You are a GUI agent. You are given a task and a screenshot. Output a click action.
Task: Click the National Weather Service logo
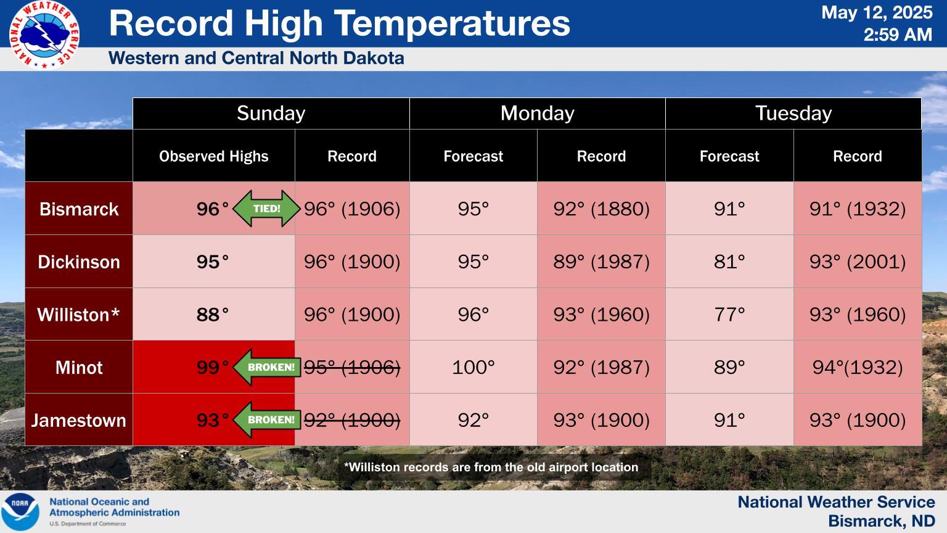[x=44, y=35]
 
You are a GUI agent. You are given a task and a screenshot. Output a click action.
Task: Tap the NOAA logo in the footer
[x=20, y=511]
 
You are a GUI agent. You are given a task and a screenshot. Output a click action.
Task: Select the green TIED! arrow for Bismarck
[x=266, y=209]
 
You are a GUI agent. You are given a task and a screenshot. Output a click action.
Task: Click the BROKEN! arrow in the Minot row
[x=267, y=367]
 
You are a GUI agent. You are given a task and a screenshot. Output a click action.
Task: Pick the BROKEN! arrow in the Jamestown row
[x=267, y=419]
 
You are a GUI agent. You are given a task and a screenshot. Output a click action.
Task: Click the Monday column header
[x=538, y=114]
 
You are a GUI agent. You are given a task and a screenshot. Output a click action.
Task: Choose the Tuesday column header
[x=793, y=114]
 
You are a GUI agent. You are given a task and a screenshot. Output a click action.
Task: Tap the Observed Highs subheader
[x=213, y=157]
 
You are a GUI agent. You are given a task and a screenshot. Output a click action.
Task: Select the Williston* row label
[x=79, y=315]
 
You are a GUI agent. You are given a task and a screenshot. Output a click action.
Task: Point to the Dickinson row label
[x=79, y=262]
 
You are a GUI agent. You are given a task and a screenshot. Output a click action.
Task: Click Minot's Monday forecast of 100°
[x=473, y=367]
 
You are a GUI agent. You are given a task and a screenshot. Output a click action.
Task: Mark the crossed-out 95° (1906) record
[x=352, y=367]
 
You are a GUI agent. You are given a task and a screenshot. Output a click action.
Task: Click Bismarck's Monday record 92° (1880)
[x=601, y=209]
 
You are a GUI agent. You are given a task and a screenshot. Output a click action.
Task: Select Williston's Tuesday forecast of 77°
[x=729, y=315]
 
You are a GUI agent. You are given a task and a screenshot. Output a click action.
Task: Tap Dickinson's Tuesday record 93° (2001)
[x=858, y=262]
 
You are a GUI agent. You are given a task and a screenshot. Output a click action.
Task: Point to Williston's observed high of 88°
[x=212, y=315]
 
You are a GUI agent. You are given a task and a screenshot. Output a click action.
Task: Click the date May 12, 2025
[x=876, y=13]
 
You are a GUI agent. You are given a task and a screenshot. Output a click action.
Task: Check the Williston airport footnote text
[x=491, y=467]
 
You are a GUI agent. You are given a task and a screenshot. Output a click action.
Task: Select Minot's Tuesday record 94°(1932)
[x=858, y=367]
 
